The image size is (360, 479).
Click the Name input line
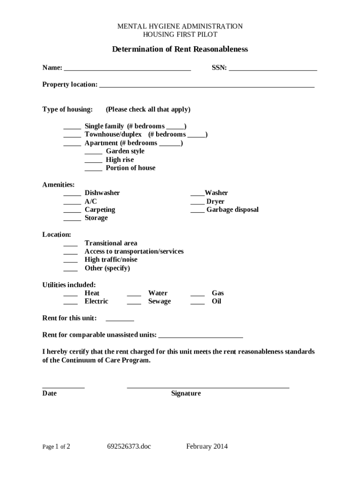point(127,69)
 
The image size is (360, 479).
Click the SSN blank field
point(273,69)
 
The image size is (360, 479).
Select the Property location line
point(207,86)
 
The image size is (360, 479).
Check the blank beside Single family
point(72,127)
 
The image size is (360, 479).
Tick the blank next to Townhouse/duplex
point(72,135)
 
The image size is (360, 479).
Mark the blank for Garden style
point(94,152)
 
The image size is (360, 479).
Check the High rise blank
point(94,160)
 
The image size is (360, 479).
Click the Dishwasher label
point(102,193)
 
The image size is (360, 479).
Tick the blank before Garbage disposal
point(197,210)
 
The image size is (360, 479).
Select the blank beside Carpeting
point(72,210)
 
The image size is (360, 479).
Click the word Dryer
point(215,202)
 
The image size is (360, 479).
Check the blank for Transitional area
point(71,244)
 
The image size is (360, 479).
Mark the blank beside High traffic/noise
point(71,261)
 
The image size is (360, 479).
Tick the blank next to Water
point(134,294)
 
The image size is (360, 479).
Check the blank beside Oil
point(197,302)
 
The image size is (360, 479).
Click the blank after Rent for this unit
point(120,319)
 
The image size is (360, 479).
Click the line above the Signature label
point(208,387)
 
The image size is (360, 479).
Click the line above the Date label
point(64,387)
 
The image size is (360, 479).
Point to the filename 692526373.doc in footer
point(129,446)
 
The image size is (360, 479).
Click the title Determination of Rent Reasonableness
point(180,49)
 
